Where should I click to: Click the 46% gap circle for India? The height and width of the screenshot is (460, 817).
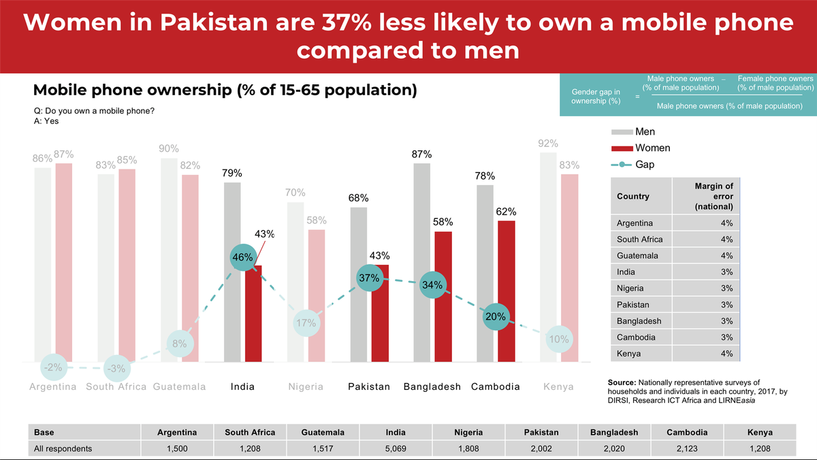242,258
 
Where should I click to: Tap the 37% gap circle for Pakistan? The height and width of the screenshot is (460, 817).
369,278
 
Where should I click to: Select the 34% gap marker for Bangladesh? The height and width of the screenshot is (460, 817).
432,285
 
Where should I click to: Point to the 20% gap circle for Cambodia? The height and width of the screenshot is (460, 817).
496,316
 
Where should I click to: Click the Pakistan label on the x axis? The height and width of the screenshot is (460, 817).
369,387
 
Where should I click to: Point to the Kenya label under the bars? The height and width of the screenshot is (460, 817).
558,387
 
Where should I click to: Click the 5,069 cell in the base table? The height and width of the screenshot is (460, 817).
396,448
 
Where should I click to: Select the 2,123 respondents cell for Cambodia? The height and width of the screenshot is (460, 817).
687,448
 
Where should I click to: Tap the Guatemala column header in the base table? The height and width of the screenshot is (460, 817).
323,432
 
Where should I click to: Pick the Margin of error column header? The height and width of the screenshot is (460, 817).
714,196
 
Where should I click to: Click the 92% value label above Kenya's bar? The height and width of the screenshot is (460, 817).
548,144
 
